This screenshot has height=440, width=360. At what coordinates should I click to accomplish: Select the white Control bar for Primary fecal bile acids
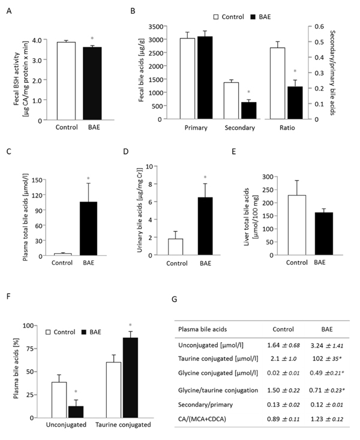[x=188, y=79]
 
